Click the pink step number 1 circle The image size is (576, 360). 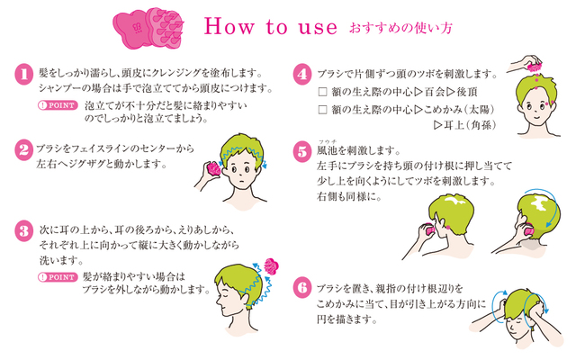coord(24,75)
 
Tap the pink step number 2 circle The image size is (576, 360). coord(24,150)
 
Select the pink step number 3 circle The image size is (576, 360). coord(24,231)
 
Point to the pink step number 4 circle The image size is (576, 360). coord(302,75)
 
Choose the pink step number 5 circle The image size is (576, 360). coord(302,152)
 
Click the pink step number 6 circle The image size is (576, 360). coord(302,287)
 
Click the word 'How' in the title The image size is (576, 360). coord(229,26)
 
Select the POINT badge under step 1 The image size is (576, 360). coord(58,106)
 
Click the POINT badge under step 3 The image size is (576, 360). coord(58,277)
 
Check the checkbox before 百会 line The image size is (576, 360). coord(322,92)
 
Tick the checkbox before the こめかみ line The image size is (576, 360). coord(322,110)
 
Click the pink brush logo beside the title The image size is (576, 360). coord(148,28)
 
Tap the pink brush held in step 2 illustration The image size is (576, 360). coord(214,169)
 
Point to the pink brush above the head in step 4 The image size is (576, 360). coord(535,67)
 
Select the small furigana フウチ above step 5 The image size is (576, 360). coord(328,141)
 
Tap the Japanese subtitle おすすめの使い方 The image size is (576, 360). coord(400,28)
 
